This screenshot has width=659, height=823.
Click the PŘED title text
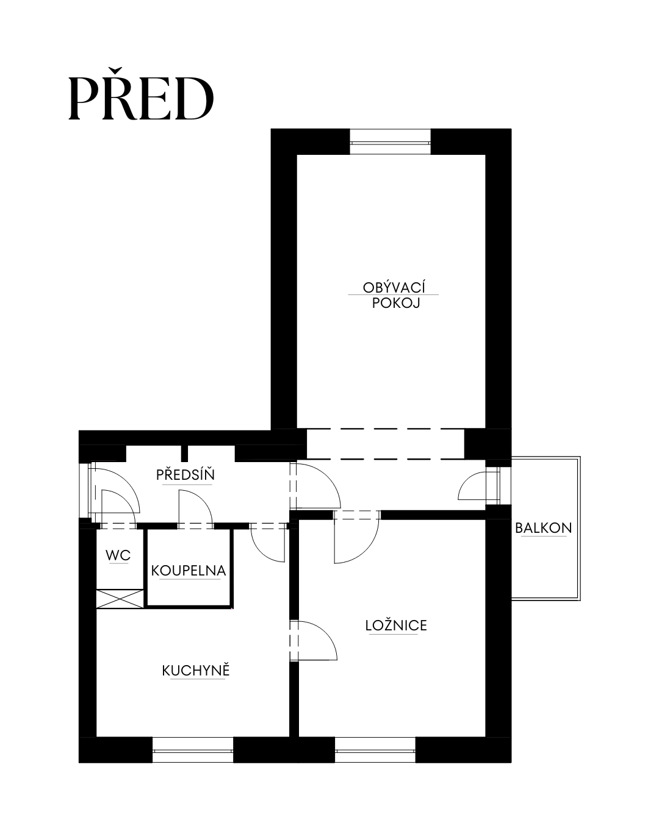click(x=141, y=94)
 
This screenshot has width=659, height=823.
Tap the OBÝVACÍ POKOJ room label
click(x=394, y=295)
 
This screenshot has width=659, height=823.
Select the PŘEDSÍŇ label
click(x=185, y=475)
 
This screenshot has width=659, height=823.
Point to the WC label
click(x=118, y=555)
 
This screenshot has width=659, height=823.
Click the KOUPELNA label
click(x=189, y=571)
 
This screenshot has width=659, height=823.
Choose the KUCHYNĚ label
click(x=196, y=671)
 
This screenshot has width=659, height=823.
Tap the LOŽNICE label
click(x=396, y=625)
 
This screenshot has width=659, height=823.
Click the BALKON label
click(x=543, y=528)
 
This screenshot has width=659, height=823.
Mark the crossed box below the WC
click(x=120, y=599)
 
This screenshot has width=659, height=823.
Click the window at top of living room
click(x=390, y=142)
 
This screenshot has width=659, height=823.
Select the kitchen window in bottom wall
click(x=193, y=750)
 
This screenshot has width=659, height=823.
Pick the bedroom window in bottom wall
click(x=375, y=750)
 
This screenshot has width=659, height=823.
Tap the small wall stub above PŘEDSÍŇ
click(x=184, y=453)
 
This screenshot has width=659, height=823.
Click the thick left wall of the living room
click(x=284, y=279)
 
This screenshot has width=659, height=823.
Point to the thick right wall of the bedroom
click(x=499, y=627)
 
